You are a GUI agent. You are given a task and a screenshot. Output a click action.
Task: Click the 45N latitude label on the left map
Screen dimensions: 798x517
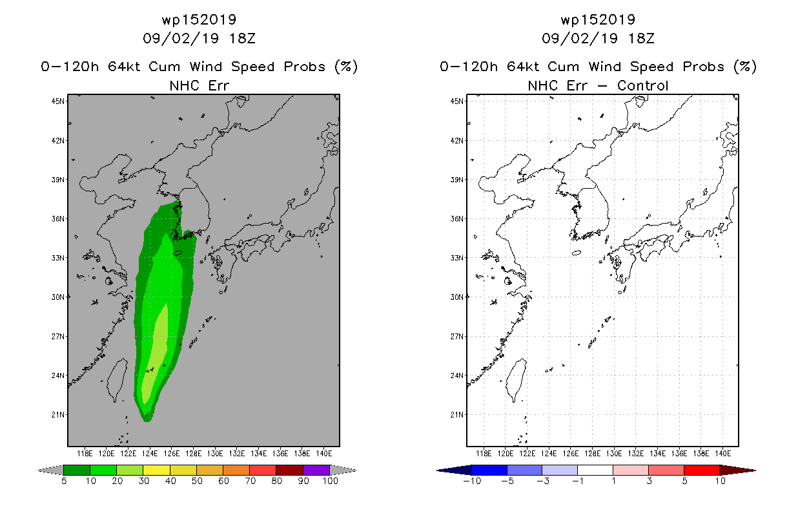57,101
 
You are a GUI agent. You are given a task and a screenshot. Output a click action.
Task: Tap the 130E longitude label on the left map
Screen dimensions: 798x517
215,454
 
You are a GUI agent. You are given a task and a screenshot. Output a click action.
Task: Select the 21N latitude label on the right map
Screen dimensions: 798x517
456,415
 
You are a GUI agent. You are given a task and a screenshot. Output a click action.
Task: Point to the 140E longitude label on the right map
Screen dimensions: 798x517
722,454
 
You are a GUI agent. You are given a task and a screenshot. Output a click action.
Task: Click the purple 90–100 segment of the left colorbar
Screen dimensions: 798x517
316,470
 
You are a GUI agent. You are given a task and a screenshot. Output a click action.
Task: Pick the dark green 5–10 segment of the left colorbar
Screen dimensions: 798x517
77,470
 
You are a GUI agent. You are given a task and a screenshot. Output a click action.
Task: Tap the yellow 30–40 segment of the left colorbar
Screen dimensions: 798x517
156,470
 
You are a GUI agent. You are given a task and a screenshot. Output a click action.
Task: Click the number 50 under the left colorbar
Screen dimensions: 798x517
197,481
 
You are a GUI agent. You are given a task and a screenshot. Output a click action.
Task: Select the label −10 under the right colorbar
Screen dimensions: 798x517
472,481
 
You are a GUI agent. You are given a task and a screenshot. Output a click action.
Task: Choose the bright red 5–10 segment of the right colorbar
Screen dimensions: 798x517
702,470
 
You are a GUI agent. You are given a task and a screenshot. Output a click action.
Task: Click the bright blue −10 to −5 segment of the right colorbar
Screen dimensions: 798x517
489,470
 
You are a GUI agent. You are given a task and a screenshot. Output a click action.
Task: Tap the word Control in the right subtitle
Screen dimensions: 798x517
642,85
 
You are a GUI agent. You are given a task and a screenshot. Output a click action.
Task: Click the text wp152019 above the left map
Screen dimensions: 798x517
199,19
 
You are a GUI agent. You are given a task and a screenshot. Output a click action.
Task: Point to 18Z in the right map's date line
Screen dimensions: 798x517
641,38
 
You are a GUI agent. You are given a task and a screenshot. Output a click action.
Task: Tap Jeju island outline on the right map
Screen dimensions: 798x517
577,253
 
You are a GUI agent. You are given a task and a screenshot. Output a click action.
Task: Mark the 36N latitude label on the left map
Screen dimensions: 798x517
57,218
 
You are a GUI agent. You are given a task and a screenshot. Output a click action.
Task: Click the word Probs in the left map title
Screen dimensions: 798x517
304,67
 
